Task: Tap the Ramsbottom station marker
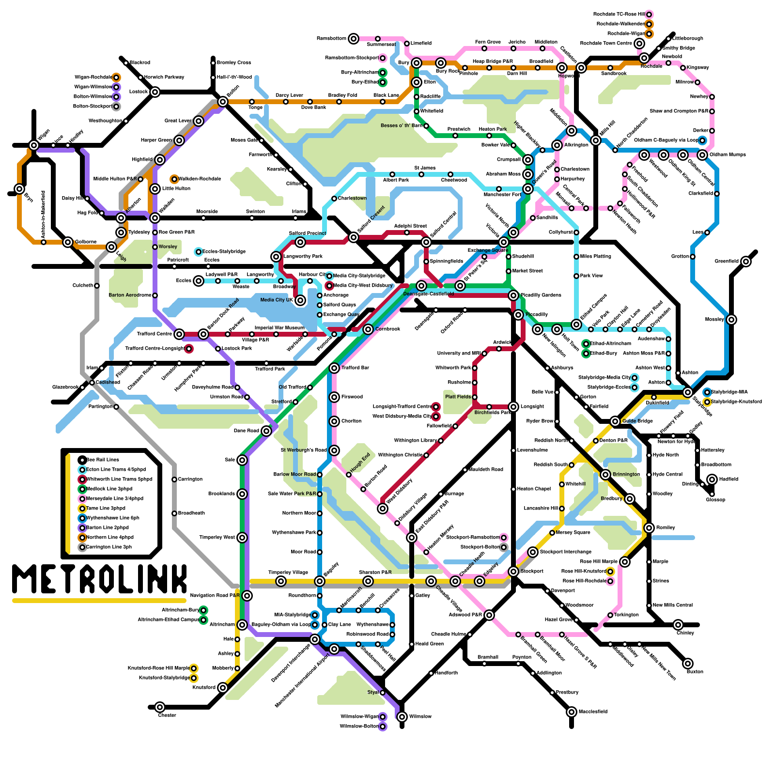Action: coord(354,39)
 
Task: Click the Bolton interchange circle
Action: coord(223,102)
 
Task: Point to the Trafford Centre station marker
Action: coord(179,334)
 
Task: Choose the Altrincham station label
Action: coord(222,625)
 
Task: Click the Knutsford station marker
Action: coord(223,688)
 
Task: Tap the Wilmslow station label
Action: coord(420,716)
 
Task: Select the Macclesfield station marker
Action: coord(572,712)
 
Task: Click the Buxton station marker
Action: coord(688,664)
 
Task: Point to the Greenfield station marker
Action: coord(746,262)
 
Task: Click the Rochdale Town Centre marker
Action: coord(639,44)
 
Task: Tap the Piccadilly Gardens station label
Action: coord(541,295)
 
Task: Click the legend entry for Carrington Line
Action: coord(108,547)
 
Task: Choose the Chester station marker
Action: coord(160,707)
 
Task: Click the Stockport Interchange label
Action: coord(565,552)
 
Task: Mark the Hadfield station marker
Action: coord(712,480)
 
